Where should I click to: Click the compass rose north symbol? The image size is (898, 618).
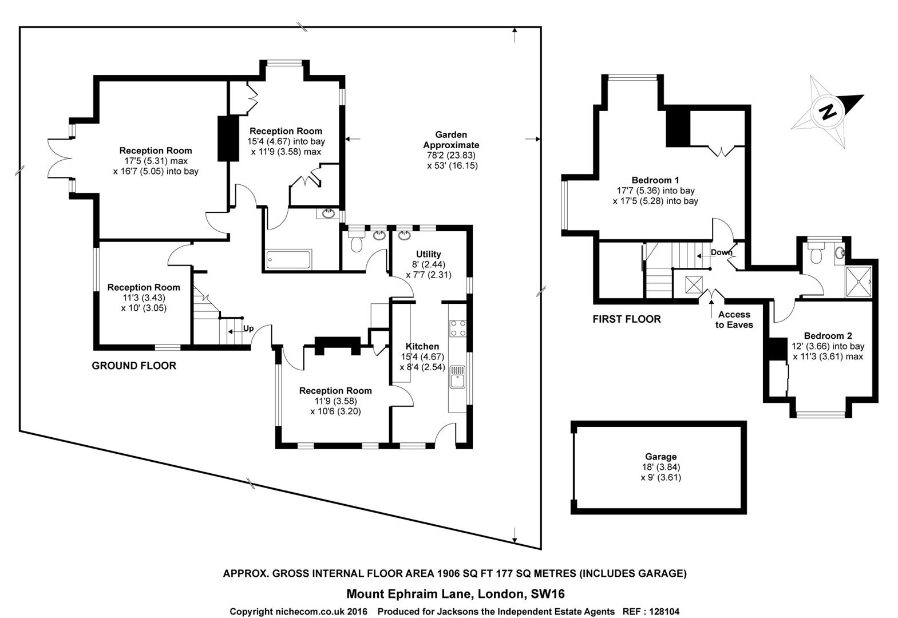828,111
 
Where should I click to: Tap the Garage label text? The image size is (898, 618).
660,457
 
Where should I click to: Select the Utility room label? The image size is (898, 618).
428,254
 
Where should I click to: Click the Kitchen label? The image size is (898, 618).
422,346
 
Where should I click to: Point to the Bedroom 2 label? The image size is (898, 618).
828,336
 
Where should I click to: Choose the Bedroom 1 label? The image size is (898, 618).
655,180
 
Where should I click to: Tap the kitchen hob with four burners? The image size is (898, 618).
458,327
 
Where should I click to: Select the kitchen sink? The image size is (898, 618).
457,378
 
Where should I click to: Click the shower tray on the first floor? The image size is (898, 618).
859,282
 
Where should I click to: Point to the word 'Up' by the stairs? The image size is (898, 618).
248,328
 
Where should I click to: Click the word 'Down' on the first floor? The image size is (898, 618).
721,252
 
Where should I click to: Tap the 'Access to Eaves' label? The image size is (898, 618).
734,319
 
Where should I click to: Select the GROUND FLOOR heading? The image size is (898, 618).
134,366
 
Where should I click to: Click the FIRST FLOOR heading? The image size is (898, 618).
627,319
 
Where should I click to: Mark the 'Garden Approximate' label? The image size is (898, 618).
451,140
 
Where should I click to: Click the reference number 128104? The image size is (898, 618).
660,612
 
